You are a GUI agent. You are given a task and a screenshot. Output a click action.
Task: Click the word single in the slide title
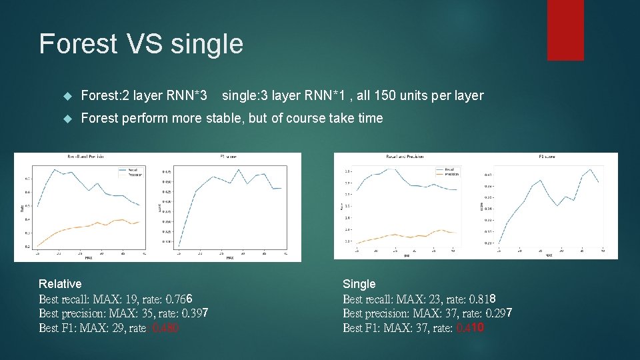coord(207,44)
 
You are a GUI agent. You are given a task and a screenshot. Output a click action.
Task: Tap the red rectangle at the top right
coord(565,29)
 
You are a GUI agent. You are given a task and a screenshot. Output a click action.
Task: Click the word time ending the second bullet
coord(370,118)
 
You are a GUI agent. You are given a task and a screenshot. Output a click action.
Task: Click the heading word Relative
coord(60,284)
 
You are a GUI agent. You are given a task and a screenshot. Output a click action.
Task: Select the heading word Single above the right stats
coord(359,284)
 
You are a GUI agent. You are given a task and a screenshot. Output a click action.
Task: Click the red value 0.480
coord(165,328)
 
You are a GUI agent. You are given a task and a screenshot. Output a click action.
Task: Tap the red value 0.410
coord(470,328)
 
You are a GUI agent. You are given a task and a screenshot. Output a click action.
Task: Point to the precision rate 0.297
coord(499,313)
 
